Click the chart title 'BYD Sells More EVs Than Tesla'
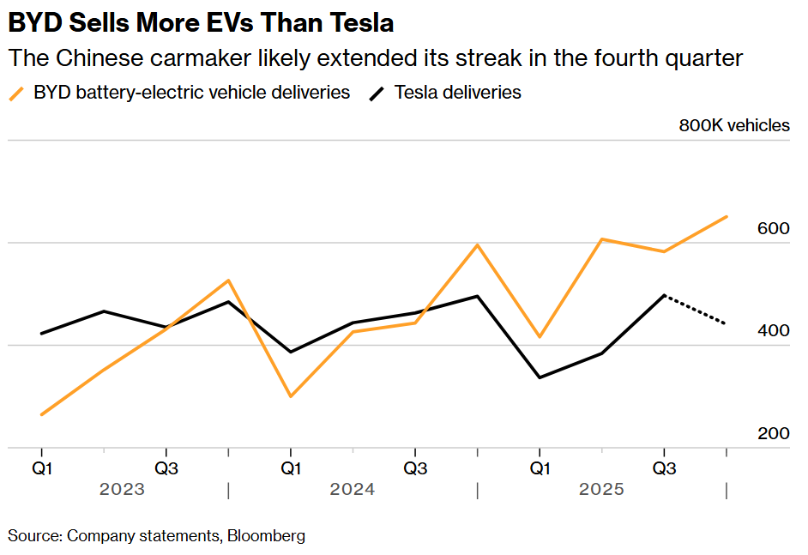202,21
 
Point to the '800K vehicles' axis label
734,125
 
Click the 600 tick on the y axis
774,229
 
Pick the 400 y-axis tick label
774,331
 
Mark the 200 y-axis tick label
774,433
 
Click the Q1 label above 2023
41,468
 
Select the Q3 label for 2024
415,468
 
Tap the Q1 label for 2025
540,468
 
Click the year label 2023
122,490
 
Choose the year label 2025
601,490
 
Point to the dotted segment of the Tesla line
696,310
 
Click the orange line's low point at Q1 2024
291,396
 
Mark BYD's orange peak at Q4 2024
477,245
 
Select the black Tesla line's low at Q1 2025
540,377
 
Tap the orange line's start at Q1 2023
41,415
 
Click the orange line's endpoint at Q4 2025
727,216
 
